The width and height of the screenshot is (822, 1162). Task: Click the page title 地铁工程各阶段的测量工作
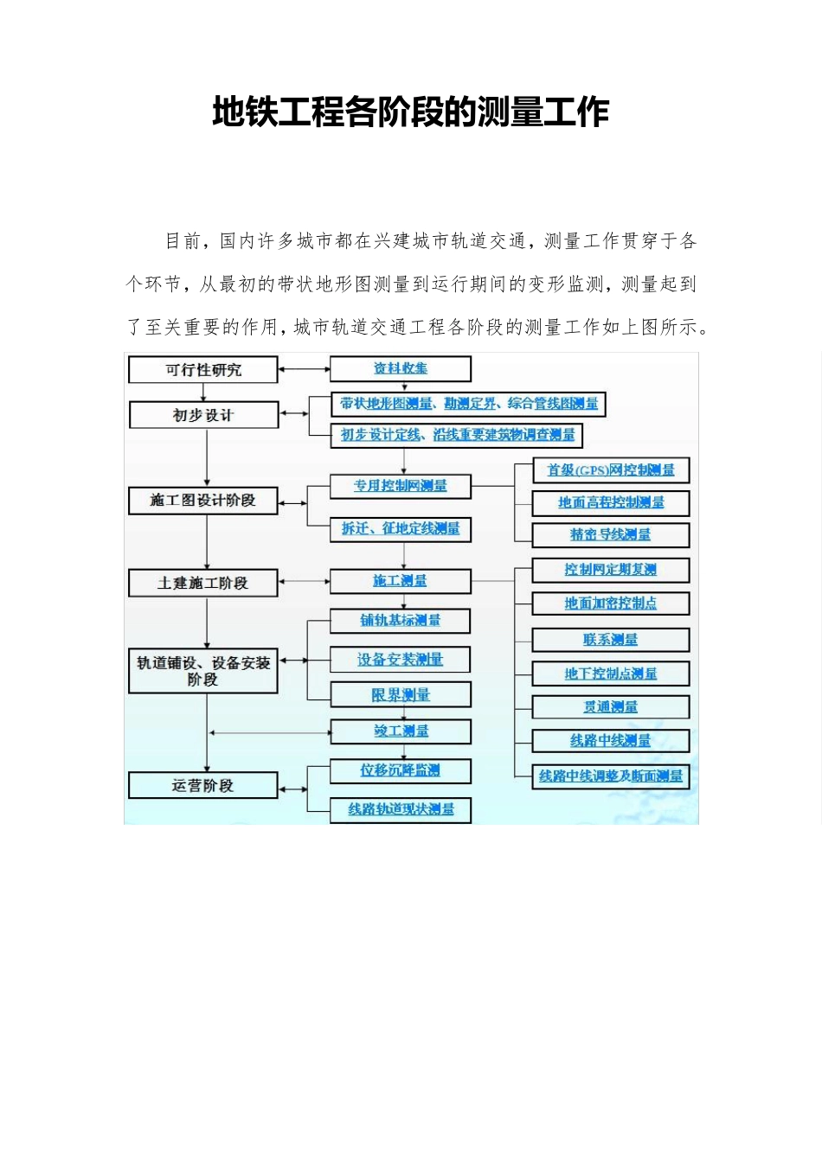[x=411, y=112]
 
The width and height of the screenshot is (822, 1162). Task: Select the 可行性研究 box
[x=203, y=370]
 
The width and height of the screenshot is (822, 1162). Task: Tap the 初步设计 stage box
[x=203, y=415]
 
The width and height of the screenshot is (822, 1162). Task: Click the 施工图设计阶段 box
[x=203, y=501]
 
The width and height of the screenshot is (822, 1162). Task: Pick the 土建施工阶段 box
[x=203, y=583]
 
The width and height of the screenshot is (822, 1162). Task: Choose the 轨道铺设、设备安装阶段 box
[x=203, y=671]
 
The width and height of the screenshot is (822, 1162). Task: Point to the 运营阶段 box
[x=203, y=785]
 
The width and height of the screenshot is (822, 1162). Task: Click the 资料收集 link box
[x=401, y=368]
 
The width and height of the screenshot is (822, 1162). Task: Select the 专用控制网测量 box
[x=401, y=486]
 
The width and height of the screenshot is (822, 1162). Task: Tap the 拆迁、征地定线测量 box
[x=401, y=528]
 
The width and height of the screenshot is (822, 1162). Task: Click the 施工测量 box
[x=401, y=581]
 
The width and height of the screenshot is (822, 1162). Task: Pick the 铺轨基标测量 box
[x=401, y=620]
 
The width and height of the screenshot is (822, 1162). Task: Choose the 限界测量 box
[x=401, y=694]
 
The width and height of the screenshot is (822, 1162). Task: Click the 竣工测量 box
[x=401, y=731]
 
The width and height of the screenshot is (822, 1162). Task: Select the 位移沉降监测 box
[x=401, y=769]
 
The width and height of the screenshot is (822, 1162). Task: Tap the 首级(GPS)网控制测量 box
[x=611, y=469]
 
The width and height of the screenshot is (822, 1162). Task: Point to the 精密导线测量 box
[x=611, y=534]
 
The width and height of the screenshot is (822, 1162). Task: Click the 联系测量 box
[x=611, y=640]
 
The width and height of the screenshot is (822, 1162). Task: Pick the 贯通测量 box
[x=611, y=707]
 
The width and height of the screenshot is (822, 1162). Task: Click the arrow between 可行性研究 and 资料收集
[x=304, y=369]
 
